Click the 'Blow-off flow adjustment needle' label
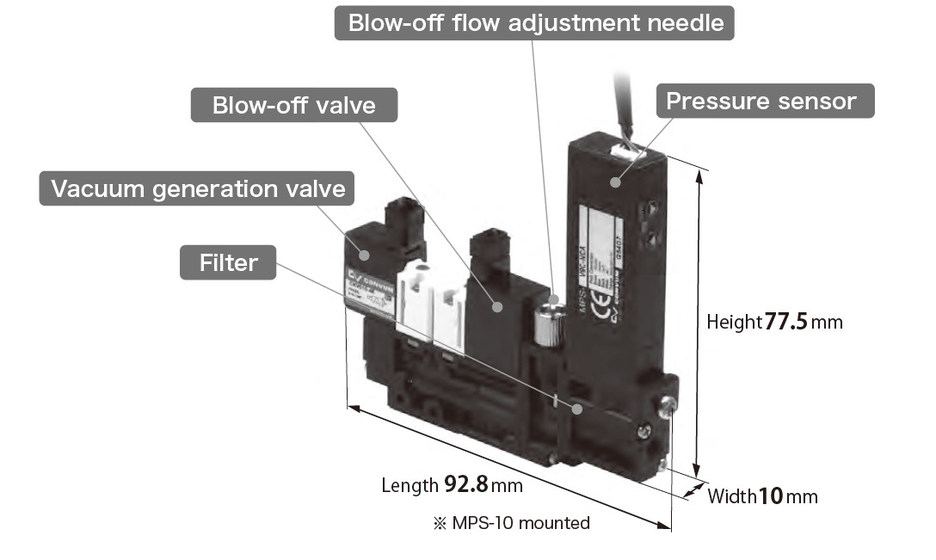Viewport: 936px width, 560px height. tap(535, 22)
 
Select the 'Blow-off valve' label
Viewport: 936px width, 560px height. tap(294, 106)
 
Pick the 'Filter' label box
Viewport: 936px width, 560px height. tap(227, 262)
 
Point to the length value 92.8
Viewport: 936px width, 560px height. tap(465, 484)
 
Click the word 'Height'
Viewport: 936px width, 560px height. tap(734, 323)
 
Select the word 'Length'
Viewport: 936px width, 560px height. tap(409, 485)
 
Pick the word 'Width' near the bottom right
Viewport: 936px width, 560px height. tap(731, 496)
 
